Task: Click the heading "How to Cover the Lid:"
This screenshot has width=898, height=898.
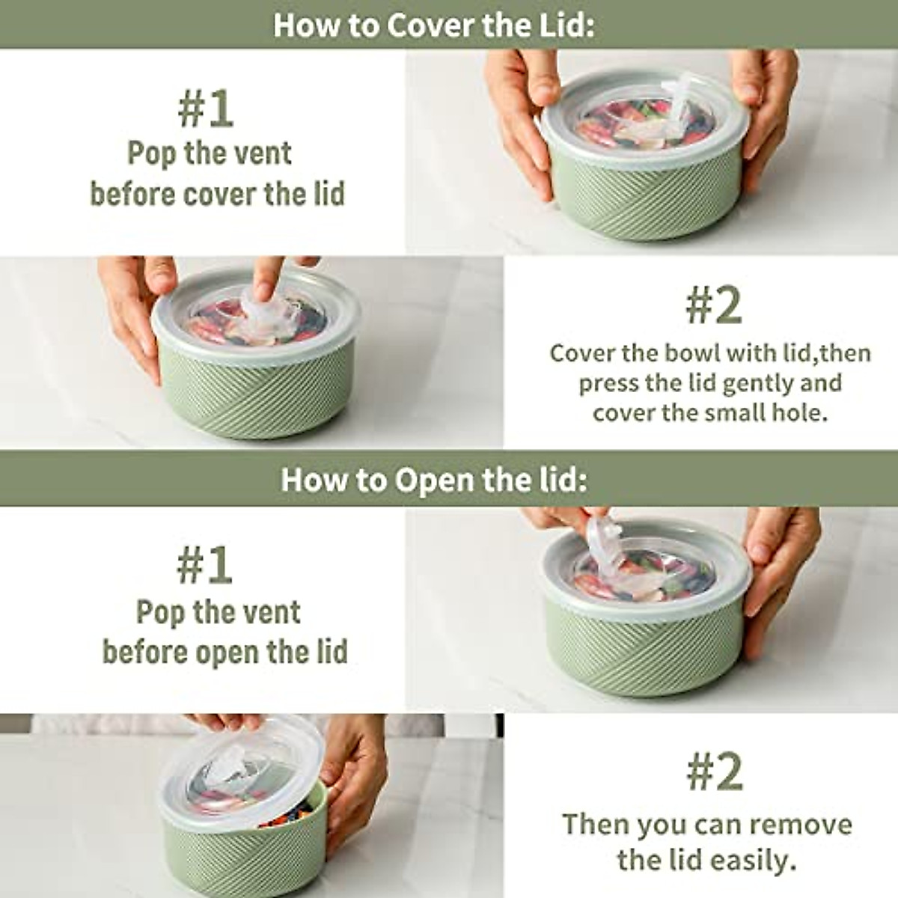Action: (434, 25)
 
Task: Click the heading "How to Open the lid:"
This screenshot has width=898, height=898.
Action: (434, 480)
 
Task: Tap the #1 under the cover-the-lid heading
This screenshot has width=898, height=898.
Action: (206, 110)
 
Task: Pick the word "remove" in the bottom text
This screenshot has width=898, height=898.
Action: (803, 825)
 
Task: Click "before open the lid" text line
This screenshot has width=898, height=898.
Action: (224, 652)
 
